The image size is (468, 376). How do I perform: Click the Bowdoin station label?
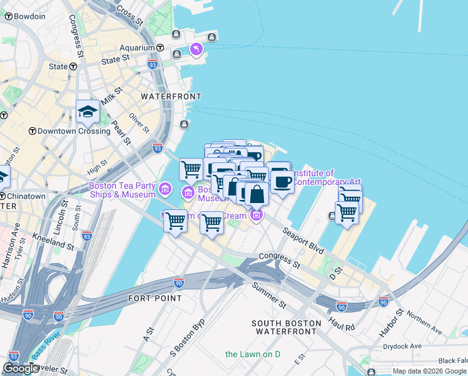tap(29, 16)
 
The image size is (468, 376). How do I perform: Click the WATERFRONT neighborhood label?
tap(171, 97)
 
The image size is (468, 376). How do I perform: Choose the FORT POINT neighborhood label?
tap(155, 298)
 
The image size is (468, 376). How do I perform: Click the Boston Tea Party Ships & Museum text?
tap(122, 190)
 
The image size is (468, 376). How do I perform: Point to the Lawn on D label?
tap(253, 354)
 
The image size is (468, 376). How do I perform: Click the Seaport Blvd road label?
tap(302, 240)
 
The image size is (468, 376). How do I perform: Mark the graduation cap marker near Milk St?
tap(88, 113)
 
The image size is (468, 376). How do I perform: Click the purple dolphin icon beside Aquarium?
tap(196, 49)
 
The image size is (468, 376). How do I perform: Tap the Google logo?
tap(21, 368)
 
